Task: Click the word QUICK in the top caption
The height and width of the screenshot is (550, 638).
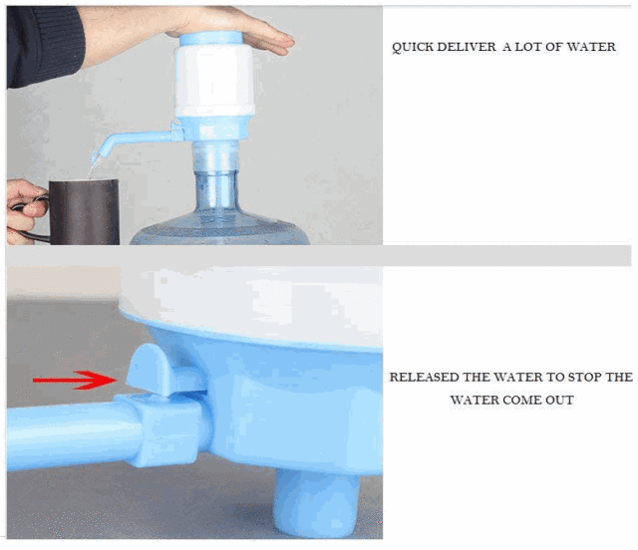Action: tap(412, 47)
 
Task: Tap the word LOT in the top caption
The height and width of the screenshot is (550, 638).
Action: tap(533, 47)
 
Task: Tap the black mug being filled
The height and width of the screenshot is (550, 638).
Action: tap(84, 211)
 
